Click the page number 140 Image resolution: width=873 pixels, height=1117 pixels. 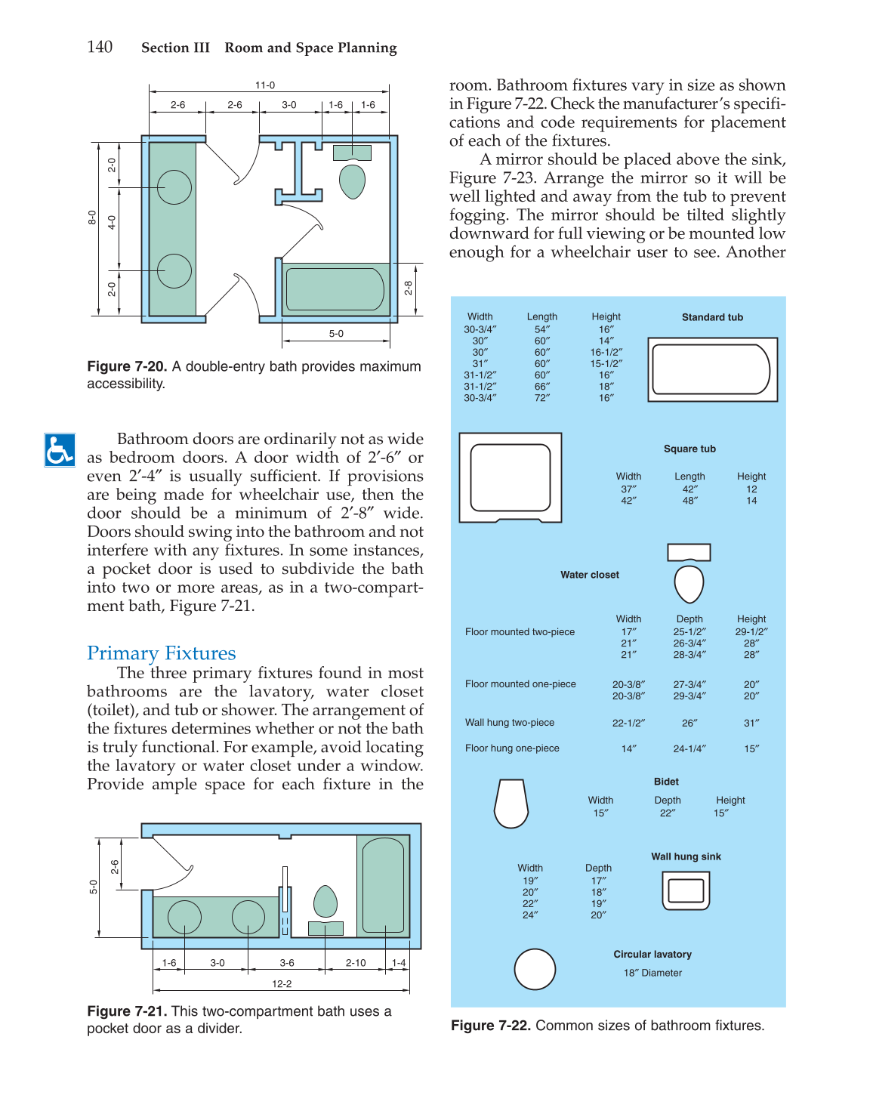click(100, 47)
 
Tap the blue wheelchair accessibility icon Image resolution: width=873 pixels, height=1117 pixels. click(60, 450)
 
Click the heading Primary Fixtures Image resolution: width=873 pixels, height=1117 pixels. click(161, 653)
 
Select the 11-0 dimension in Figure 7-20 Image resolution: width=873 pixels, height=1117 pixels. click(265, 85)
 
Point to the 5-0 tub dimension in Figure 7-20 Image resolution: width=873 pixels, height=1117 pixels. click(336, 333)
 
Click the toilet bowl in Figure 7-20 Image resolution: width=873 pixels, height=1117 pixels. click(352, 181)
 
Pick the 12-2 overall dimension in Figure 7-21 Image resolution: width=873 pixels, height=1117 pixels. click(282, 983)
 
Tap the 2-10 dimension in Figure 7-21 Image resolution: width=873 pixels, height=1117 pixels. click(356, 962)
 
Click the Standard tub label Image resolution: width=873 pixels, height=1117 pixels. click(712, 317)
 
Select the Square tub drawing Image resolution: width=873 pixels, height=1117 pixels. click(511, 477)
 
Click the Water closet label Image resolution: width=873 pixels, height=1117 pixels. click(590, 575)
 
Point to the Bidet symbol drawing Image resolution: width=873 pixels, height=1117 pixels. click(511, 804)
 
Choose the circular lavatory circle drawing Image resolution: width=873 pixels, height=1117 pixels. click(535, 969)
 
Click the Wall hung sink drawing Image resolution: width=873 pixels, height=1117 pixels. click(686, 890)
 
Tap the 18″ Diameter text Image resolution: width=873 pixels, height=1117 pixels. click(652, 973)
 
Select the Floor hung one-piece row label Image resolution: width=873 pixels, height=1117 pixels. click(512, 748)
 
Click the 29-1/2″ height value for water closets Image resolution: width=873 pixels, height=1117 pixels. click(751, 631)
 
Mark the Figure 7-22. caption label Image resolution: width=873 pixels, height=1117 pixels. click(491, 1026)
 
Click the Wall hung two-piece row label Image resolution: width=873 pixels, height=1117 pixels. click(510, 723)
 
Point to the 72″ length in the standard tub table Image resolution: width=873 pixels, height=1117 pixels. click(542, 397)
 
